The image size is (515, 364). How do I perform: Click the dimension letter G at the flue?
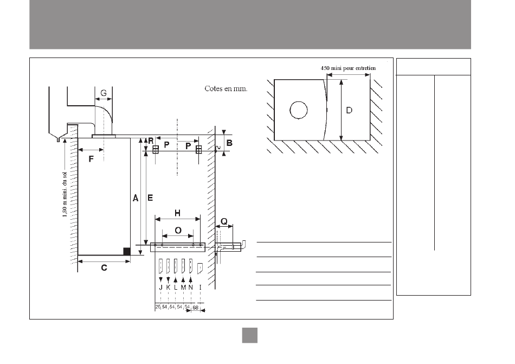click(x=104, y=93)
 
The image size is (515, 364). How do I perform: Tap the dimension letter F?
click(x=91, y=159)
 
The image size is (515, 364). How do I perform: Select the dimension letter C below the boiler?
click(x=104, y=268)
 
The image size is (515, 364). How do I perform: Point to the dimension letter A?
click(x=136, y=198)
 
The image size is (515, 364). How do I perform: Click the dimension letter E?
click(x=150, y=198)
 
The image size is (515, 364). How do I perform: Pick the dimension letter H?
click(x=177, y=214)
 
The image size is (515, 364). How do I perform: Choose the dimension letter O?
click(x=178, y=231)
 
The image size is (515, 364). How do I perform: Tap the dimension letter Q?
click(x=224, y=221)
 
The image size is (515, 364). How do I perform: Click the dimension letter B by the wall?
click(x=230, y=143)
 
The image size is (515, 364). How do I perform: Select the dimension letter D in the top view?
click(x=349, y=110)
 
